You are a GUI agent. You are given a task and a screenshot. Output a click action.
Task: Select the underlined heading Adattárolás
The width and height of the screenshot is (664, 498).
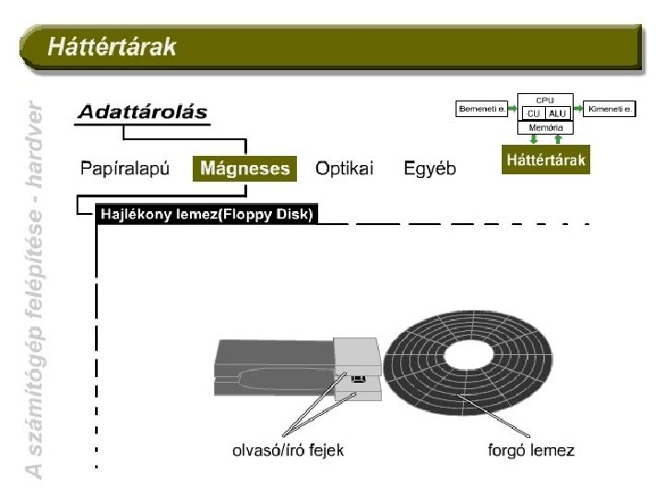click(x=142, y=113)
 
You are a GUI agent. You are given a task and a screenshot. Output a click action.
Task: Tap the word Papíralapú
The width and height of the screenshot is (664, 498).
click(x=125, y=168)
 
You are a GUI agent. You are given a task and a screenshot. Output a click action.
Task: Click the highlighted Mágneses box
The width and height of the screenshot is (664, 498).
click(x=245, y=168)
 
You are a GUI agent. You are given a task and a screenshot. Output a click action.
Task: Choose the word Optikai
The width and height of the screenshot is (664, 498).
click(x=344, y=168)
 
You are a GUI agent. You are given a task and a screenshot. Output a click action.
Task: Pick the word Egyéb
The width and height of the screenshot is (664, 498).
click(x=430, y=168)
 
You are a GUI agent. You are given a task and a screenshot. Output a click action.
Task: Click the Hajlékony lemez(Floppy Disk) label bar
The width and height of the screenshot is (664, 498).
click(x=207, y=214)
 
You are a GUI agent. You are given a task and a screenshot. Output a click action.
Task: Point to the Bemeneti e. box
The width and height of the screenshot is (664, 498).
click(x=482, y=109)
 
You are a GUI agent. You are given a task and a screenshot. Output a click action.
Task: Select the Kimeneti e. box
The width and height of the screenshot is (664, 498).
click(x=611, y=109)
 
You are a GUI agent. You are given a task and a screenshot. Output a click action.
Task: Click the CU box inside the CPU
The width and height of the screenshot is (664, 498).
click(x=534, y=113)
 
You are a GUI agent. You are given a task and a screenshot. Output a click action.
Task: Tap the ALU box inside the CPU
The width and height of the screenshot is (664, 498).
click(x=558, y=113)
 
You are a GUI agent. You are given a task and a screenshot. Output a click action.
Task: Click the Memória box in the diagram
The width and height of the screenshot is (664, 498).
click(x=546, y=127)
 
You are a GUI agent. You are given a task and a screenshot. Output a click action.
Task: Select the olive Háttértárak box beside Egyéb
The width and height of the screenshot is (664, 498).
click(x=545, y=160)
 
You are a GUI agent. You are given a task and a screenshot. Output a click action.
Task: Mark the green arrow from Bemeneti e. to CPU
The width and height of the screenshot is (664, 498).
click(x=514, y=109)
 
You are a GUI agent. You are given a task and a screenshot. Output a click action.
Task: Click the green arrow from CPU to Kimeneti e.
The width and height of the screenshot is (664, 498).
click(x=578, y=109)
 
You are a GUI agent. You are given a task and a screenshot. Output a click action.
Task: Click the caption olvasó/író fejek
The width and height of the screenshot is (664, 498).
click(x=287, y=450)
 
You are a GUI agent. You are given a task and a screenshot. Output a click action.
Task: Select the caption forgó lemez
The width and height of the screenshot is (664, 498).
click(x=530, y=450)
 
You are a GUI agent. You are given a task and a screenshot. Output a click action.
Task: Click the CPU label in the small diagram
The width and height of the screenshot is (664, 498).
click(x=546, y=99)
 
